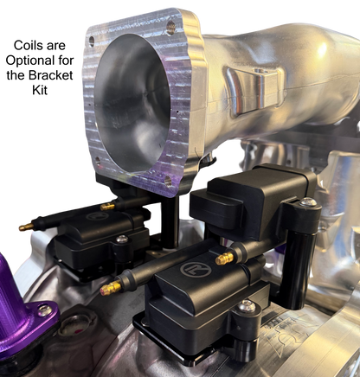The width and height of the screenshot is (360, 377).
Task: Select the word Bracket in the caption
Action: coord(51,75)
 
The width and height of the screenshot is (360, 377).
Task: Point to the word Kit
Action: coord(40,90)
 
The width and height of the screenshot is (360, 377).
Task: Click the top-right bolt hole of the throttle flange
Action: coord(170,27)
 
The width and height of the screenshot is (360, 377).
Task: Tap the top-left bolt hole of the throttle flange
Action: coord(92,42)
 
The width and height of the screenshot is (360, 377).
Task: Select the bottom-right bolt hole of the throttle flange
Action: coord(168,182)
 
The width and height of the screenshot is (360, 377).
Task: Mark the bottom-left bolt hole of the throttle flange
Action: coord(97,161)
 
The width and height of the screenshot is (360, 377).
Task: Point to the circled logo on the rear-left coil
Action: coord(97,216)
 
